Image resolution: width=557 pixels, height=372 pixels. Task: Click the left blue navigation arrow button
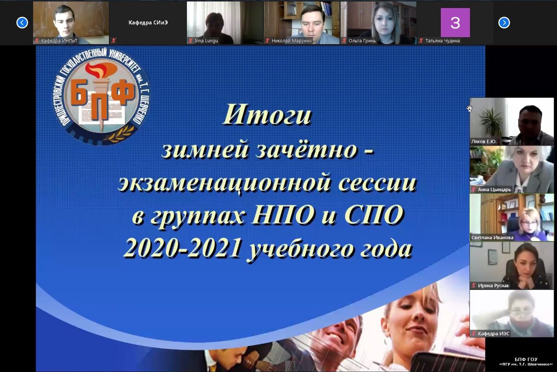(22, 23)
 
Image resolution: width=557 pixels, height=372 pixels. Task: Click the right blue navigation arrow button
(504, 23)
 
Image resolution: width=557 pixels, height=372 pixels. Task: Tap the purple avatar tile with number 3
(455, 22)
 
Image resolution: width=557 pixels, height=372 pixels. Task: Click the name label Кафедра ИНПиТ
(59, 40)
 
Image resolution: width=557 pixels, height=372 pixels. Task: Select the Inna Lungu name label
(206, 40)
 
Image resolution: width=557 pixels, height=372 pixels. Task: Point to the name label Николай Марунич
(291, 40)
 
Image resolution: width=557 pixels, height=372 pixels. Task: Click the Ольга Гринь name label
(362, 40)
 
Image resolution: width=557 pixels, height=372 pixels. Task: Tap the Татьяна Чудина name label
(442, 40)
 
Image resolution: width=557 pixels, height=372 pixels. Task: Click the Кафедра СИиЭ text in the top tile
(148, 23)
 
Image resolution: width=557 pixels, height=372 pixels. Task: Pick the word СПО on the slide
(374, 215)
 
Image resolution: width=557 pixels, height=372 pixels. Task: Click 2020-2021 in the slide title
(183, 248)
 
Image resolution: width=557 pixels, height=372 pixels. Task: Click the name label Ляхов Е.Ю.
(484, 142)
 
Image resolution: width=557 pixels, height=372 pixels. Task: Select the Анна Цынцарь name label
(494, 190)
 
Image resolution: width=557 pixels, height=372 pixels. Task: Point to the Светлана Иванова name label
(493, 237)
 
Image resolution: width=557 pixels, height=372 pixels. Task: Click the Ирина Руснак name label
(493, 286)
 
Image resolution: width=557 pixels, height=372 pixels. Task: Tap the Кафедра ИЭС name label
(494, 333)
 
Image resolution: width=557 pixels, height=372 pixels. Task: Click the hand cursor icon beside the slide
(469, 108)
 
